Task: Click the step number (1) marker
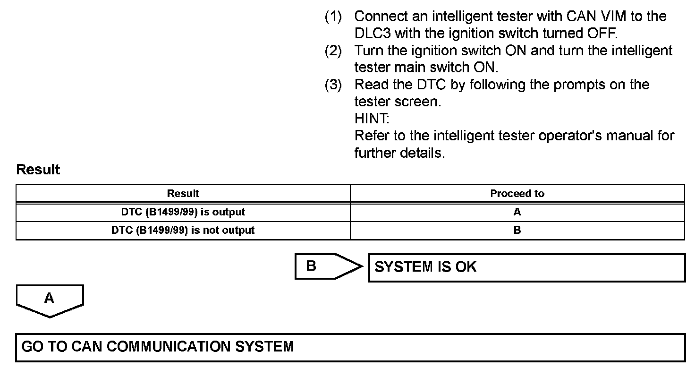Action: pos(333,17)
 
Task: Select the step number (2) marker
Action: pos(333,51)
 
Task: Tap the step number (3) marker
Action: pos(333,85)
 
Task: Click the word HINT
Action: pos(372,119)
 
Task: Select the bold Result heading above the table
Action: pos(38,170)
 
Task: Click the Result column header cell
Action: pos(183,194)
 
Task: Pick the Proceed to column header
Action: pos(517,194)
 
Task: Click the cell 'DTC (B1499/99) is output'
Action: pos(183,212)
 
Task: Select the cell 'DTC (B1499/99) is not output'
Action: pos(183,231)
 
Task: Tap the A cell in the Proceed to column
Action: pos(517,212)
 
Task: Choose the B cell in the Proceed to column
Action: pos(517,231)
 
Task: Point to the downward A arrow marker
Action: pos(50,300)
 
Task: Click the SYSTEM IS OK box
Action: pos(526,267)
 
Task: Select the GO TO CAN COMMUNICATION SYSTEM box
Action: pos(350,347)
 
